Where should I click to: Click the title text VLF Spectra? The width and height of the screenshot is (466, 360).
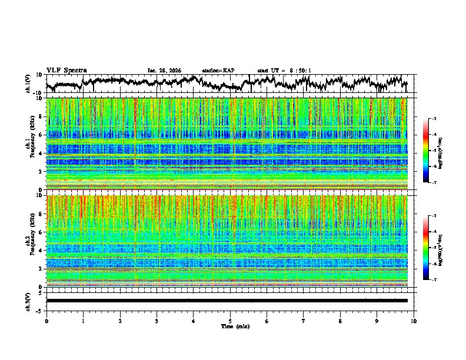pyautogui.click(x=66, y=70)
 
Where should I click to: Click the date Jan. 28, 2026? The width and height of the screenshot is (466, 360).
pyautogui.click(x=164, y=71)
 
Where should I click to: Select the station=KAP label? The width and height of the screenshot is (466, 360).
pyautogui.click(x=218, y=71)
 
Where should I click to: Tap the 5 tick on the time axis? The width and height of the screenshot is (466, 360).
pyautogui.click(x=231, y=321)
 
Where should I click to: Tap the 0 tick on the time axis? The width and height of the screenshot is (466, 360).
pyautogui.click(x=46, y=321)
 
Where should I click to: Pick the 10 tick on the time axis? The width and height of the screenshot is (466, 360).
pyautogui.click(x=414, y=321)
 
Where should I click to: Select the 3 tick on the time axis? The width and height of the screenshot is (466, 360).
pyautogui.click(x=157, y=321)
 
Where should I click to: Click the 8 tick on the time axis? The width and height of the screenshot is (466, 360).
pyautogui.click(x=341, y=321)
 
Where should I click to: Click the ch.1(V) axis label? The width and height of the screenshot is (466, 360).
pyautogui.click(x=29, y=84)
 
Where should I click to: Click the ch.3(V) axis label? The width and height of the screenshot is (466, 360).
pyautogui.click(x=29, y=301)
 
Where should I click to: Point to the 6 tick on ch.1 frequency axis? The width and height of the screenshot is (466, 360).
pyautogui.click(x=41, y=135)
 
